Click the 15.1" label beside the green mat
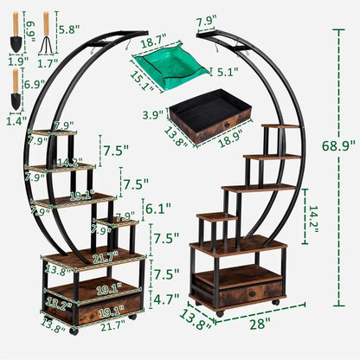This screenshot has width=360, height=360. point(141,80)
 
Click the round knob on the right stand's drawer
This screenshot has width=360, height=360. point(251,293)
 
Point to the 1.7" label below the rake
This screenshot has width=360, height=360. point(48,61)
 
